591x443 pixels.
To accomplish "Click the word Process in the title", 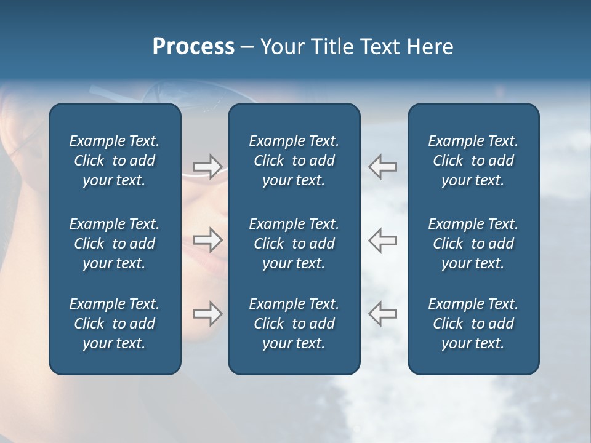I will pos(193,47).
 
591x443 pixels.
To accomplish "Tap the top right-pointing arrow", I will pos(207,167).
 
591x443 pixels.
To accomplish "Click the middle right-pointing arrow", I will pos(207,240).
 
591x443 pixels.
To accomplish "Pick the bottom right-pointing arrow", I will pos(207,314).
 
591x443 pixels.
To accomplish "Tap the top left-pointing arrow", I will pos(383,167).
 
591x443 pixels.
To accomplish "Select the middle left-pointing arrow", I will pos(383,240).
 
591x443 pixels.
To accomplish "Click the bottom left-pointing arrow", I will pos(383,314).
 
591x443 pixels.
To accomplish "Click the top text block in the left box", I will pos(115,161).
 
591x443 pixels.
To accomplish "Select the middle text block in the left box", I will pos(115,244).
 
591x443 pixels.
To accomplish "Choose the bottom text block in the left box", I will pos(115,324).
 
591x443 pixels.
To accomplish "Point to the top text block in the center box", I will pos(294,161).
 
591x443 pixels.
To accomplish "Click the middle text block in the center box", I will pos(294,244).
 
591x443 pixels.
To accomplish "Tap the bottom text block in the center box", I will pos(294,324).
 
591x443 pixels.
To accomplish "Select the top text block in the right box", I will pos(473,161).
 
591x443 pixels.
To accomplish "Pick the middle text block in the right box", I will pos(473,244).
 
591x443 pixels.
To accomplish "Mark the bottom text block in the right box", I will pos(473,324).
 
